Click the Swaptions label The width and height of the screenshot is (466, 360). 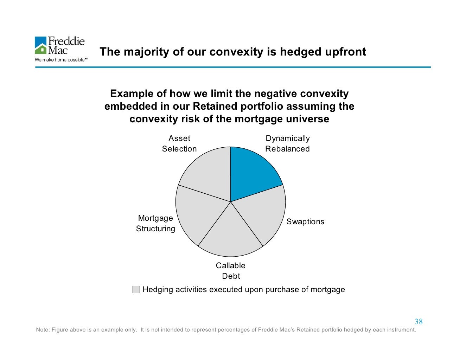tap(305, 222)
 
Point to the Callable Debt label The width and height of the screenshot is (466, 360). tap(231, 271)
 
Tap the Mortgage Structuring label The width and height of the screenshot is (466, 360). tap(155, 224)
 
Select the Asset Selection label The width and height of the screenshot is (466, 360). tap(179, 143)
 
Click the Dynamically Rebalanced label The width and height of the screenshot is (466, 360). tap(287, 143)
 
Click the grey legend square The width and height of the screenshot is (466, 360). tap(136, 289)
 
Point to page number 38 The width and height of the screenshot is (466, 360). tap(419, 321)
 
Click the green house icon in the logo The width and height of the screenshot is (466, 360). tap(41, 49)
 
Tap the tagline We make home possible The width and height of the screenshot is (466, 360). tap(60, 60)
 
